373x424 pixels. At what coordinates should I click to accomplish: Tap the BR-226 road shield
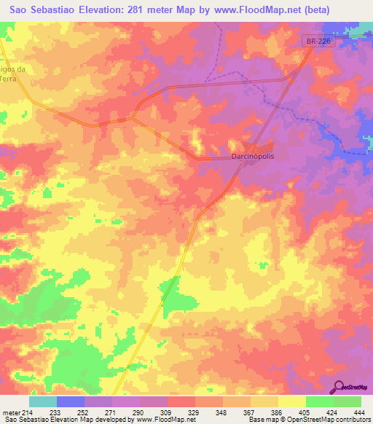pyautogui.click(x=318, y=44)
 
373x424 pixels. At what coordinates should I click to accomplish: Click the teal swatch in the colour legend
pyautogui.click(x=43, y=401)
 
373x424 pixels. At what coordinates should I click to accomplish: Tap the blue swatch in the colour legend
pyautogui.click(x=71, y=401)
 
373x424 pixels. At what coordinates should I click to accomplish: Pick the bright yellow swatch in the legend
pyautogui.click(x=292, y=401)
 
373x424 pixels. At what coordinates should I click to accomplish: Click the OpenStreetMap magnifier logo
pyautogui.click(x=339, y=387)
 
